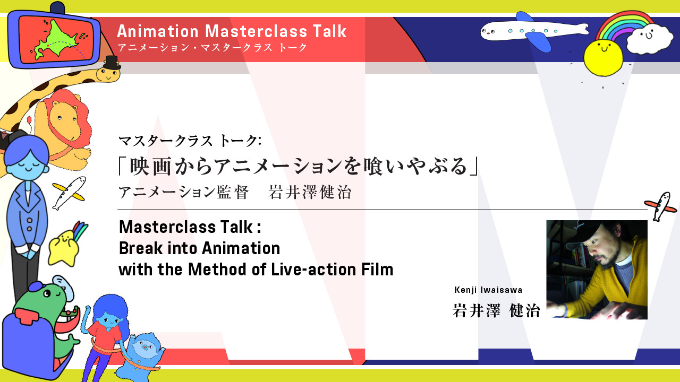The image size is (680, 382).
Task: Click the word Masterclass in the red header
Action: pyautogui.click(x=256, y=31)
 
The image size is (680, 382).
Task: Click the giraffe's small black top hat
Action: pyautogui.click(x=112, y=63)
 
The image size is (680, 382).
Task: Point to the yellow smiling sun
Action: pyautogui.click(x=603, y=58)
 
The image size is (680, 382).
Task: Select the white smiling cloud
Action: pyautogui.click(x=650, y=39)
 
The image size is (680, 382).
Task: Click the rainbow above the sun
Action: pyautogui.click(x=625, y=26)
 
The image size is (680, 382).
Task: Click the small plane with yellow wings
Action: pyautogui.click(x=69, y=193)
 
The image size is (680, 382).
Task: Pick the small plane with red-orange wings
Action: pyautogui.click(x=661, y=206)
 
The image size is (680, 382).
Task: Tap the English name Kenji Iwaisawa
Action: pyautogui.click(x=488, y=290)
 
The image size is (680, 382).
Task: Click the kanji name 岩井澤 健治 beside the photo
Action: pyautogui.click(x=496, y=310)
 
